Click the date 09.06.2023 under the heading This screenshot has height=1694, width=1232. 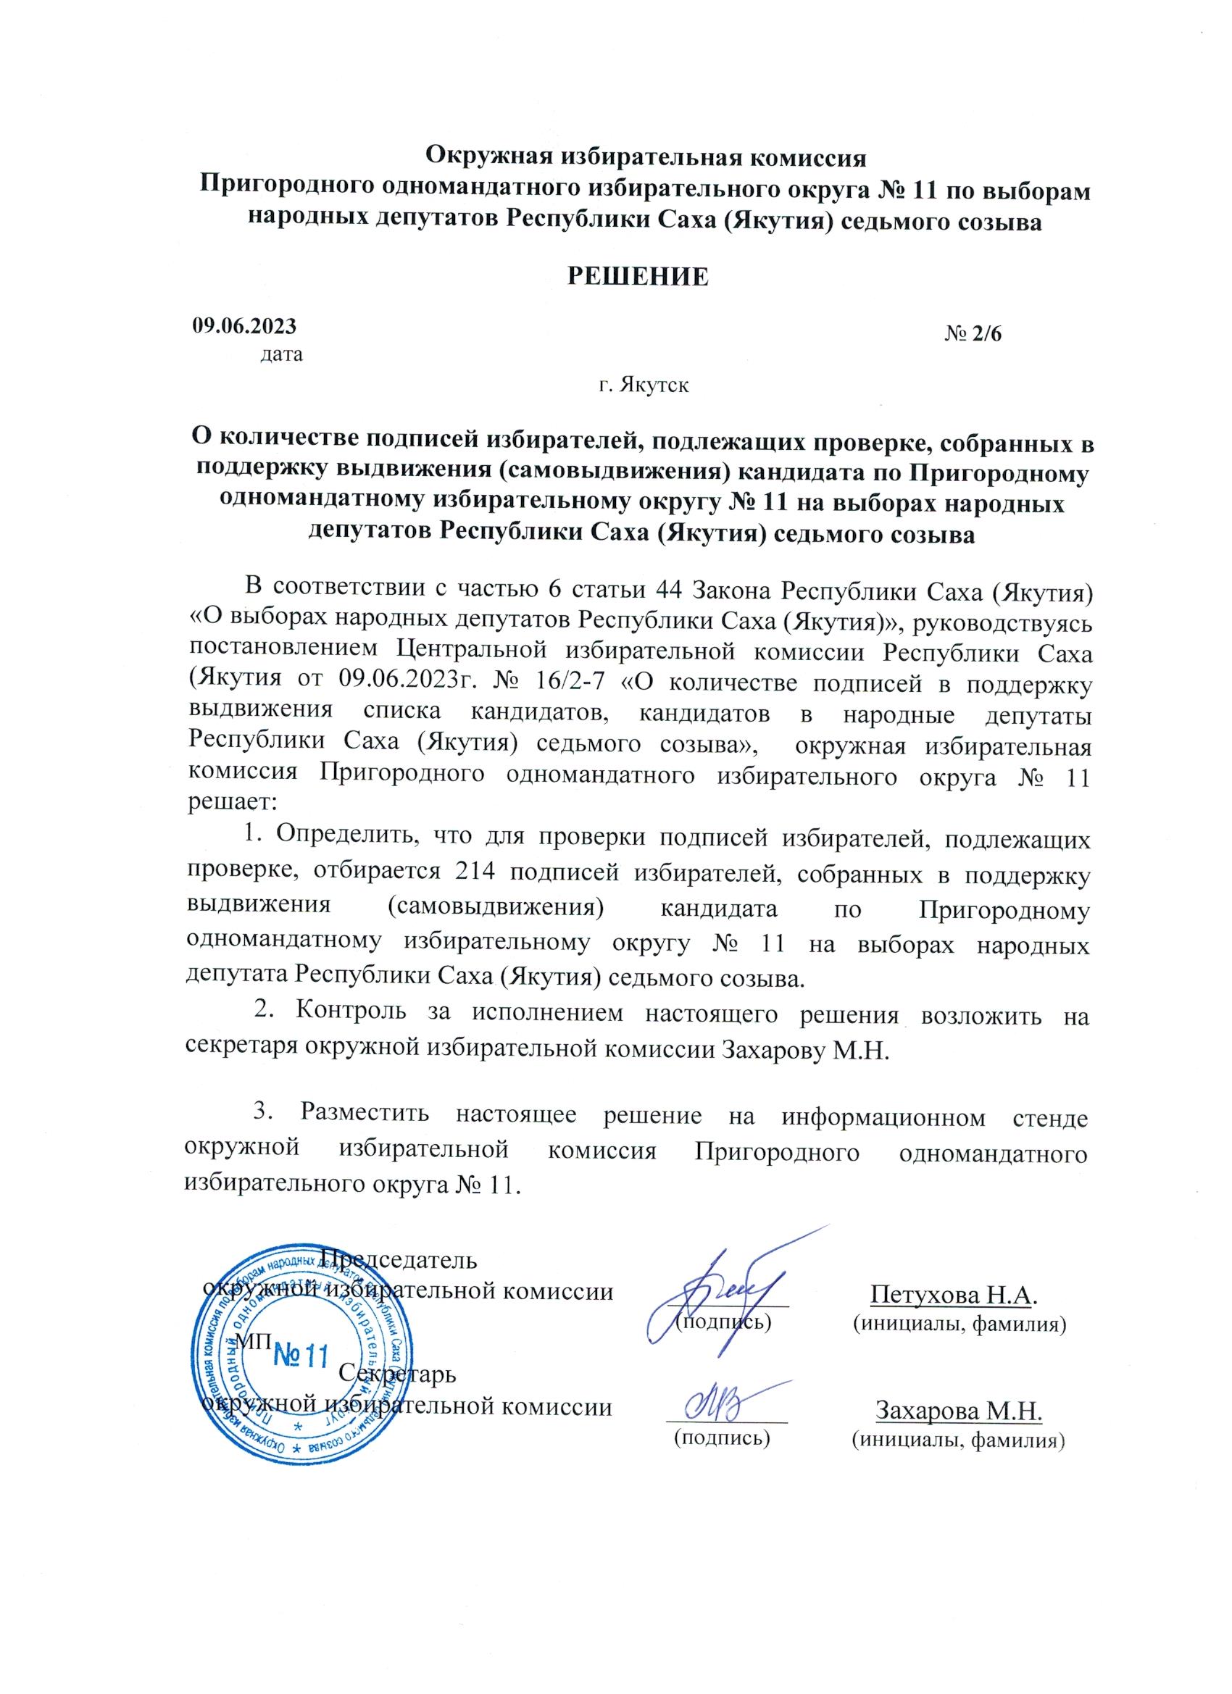244,325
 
